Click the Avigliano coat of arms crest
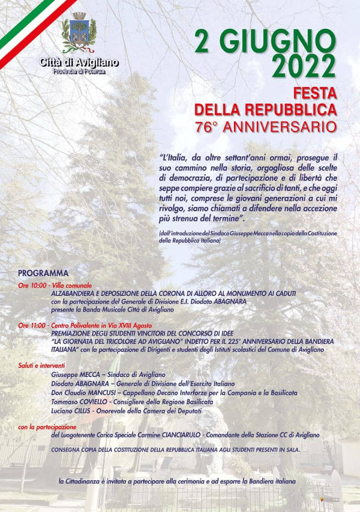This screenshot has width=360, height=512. (79, 34)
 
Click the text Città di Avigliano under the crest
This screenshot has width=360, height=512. (79, 62)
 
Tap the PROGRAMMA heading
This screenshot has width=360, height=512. (43, 272)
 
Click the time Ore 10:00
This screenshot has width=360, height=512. (32, 285)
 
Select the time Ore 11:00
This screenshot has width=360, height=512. (32, 325)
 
